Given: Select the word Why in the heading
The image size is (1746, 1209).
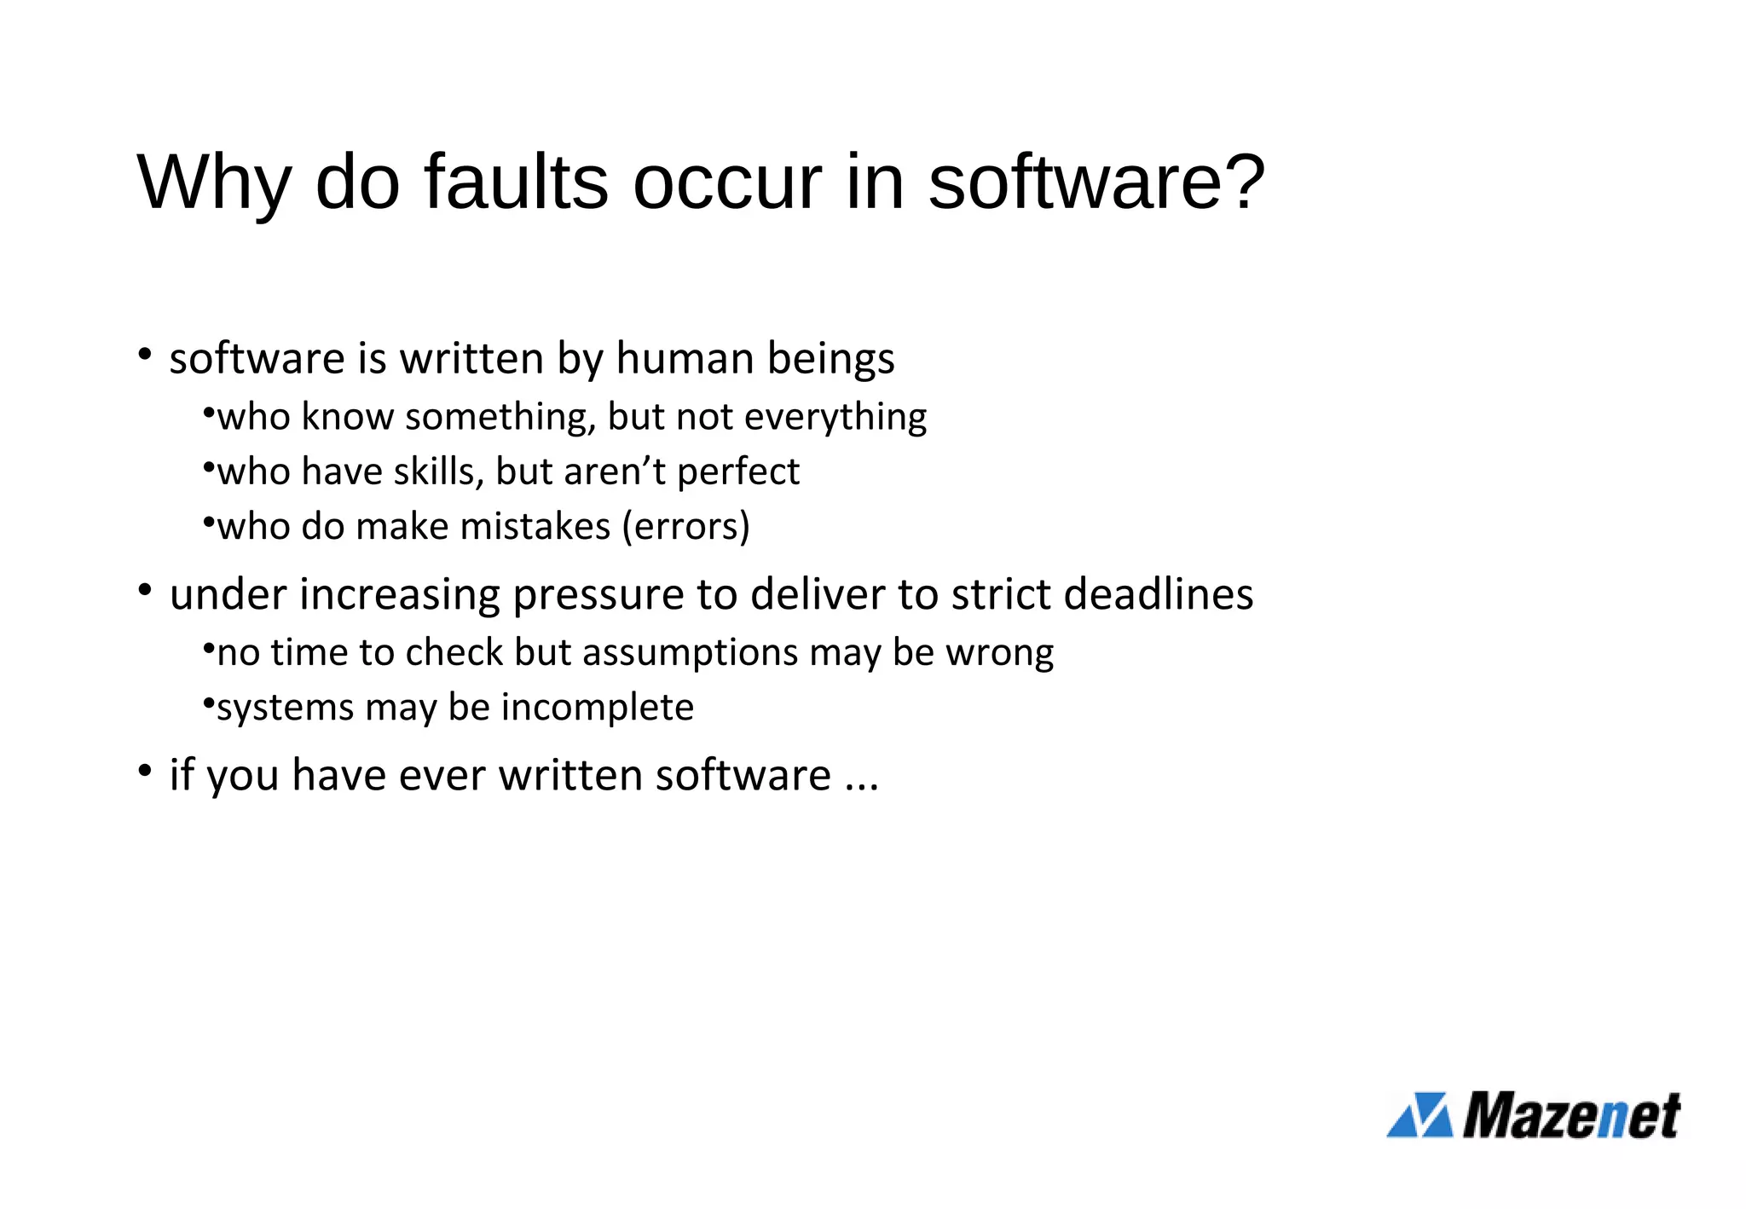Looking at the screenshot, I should tap(214, 183).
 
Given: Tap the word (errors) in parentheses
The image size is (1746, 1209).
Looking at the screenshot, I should tap(686, 526).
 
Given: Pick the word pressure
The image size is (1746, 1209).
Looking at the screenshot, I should tap(598, 594).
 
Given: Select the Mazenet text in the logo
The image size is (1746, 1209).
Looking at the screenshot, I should tap(1571, 1115).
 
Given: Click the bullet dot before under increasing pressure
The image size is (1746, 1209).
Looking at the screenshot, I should tap(145, 589).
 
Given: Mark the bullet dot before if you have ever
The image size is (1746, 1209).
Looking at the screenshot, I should tap(145, 771).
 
